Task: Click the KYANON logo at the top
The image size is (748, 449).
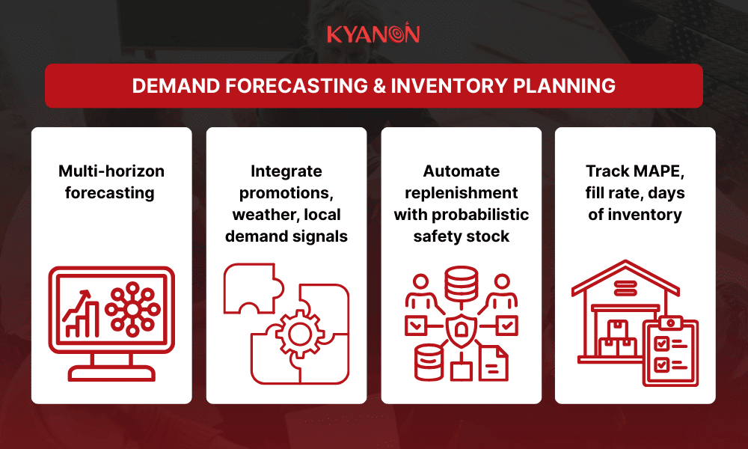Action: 373,34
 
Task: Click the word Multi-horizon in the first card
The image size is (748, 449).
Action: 111,171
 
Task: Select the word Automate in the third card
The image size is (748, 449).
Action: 461,171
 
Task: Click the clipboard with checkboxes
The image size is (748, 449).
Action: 670,352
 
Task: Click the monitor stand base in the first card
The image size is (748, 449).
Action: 111,371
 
